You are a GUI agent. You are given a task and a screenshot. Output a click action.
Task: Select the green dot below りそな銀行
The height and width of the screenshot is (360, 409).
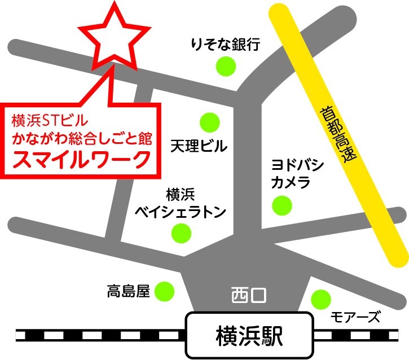coord(226,66)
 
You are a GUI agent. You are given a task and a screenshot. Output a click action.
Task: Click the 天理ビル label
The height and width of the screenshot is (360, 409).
coord(199,146)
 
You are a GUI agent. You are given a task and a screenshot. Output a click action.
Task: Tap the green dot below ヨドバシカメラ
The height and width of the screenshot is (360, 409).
coord(282,205)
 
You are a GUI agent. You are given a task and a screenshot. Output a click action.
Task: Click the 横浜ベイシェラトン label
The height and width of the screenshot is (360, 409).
coord(181,203)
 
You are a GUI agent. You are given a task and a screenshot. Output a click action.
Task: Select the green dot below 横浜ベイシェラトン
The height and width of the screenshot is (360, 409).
coord(181,232)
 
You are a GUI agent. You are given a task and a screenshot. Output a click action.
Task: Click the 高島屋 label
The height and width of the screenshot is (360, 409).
coord(128,291)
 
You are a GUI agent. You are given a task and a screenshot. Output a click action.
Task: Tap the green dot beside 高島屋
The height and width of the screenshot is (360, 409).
coord(165,291)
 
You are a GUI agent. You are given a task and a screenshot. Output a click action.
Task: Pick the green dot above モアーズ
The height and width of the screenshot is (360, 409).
coord(320,298)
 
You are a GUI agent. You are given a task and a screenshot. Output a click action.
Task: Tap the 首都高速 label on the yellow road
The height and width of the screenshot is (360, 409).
coord(337,135)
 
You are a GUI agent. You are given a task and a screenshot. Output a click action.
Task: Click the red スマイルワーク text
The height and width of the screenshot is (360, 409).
coord(82,159)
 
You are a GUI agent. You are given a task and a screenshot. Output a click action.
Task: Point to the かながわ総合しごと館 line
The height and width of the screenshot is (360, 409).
coord(82,138)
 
